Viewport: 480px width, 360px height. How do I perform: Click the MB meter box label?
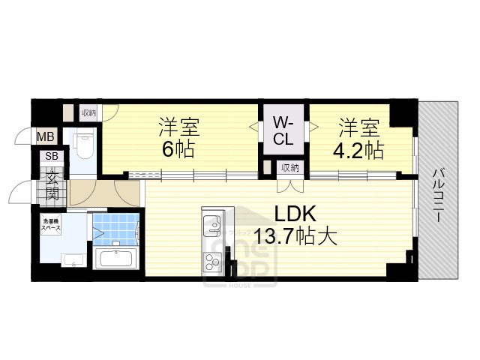tap(46, 136)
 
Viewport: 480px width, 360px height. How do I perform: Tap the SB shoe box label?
tap(52, 156)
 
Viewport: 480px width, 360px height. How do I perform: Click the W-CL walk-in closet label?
tap(283, 130)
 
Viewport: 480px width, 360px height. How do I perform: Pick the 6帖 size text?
tap(178, 149)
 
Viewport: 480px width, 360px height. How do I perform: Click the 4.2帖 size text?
tap(358, 149)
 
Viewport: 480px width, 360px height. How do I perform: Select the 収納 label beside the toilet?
tap(89, 112)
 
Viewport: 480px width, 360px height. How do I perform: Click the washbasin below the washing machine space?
tap(72, 260)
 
